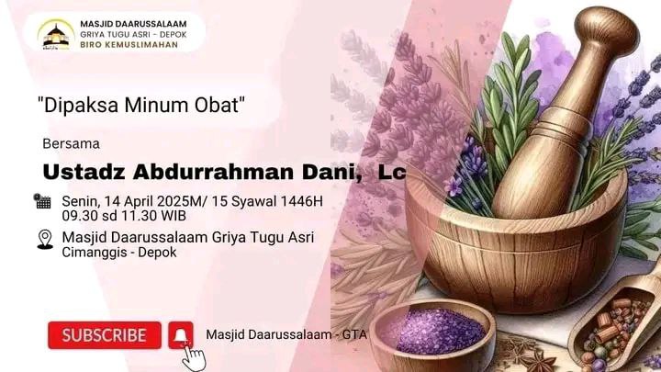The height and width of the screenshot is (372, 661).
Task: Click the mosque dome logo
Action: pyautogui.click(x=56, y=35)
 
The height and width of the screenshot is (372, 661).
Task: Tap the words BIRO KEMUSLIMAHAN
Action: pyautogui.click(x=129, y=45)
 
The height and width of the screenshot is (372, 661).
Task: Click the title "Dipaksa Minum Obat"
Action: pyautogui.click(x=141, y=105)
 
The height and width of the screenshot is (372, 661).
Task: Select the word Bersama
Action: pyautogui.click(x=72, y=144)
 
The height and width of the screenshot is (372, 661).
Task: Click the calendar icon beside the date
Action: pyautogui.click(x=42, y=201)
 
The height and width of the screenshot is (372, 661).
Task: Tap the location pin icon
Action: pyautogui.click(x=45, y=240)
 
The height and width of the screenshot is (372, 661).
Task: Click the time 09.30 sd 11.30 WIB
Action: pyautogui.click(x=124, y=216)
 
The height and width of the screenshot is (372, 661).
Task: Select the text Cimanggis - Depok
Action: pyautogui.click(x=119, y=253)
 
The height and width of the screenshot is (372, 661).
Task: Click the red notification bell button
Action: pyautogui.click(x=181, y=335)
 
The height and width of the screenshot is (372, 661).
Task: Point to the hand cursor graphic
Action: pyautogui.click(x=194, y=357)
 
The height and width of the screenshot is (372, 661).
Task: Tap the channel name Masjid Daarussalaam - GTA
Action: pyautogui.click(x=286, y=335)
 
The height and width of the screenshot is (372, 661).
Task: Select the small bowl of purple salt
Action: pyautogui.click(x=432, y=334)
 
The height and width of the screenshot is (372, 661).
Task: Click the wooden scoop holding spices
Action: pyautogui.click(x=616, y=321)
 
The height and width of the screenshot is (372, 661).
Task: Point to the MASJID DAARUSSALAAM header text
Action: pyautogui.click(x=133, y=24)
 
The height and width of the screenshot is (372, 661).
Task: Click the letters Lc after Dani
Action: pyautogui.click(x=392, y=172)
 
